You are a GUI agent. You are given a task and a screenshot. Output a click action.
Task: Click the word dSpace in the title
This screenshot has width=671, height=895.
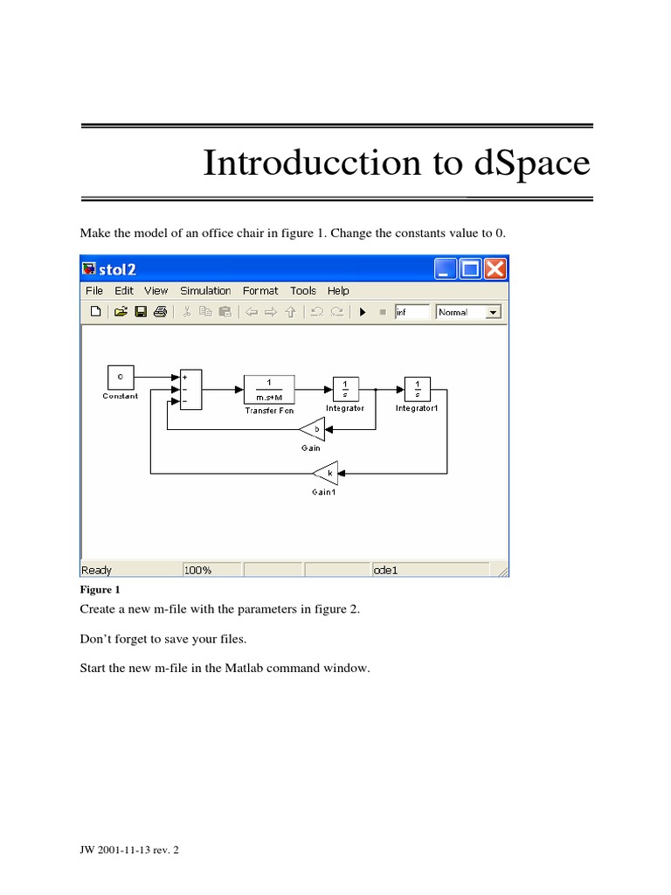click(530, 163)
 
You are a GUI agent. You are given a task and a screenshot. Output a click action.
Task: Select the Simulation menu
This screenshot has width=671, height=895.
click(205, 291)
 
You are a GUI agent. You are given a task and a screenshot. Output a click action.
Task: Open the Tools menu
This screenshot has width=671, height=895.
click(303, 291)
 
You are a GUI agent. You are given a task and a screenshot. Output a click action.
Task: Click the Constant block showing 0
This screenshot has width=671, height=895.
click(121, 377)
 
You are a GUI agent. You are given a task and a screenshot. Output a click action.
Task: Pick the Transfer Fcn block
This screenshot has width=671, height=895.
click(269, 389)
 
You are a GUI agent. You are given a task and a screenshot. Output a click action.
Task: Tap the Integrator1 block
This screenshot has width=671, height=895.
click(418, 389)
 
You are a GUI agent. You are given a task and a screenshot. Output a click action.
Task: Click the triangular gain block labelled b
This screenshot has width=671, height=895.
click(314, 430)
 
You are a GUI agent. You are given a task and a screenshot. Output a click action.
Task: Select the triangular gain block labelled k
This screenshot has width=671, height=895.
click(327, 474)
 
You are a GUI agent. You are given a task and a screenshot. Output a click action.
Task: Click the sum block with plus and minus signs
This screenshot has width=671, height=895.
click(190, 388)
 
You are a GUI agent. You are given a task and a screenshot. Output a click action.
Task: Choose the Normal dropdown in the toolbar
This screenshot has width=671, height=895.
click(468, 312)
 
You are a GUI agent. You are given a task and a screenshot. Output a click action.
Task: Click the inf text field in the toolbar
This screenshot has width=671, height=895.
click(412, 312)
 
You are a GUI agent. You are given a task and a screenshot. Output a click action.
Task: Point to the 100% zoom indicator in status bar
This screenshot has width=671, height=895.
click(197, 570)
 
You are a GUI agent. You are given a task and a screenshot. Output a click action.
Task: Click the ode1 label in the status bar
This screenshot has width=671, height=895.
click(386, 570)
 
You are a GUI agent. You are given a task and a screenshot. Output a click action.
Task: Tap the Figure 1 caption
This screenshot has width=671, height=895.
click(100, 590)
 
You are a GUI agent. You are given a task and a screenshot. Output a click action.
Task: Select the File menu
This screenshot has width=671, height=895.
click(94, 291)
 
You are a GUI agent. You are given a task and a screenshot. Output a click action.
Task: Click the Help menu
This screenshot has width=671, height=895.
click(338, 291)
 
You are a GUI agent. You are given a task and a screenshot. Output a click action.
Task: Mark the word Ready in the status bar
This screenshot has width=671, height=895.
click(96, 570)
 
